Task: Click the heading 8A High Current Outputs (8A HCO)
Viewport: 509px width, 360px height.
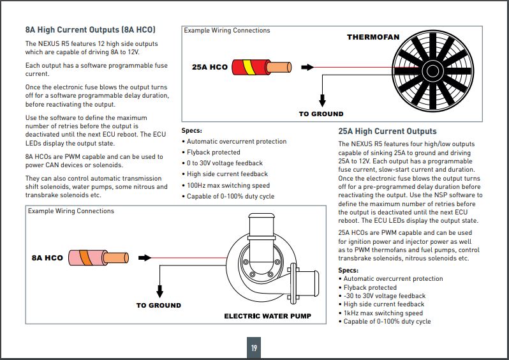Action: tap(91, 30)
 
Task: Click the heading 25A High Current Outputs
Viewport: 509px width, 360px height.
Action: tap(387, 131)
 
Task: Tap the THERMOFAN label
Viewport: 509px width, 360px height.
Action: tap(373, 38)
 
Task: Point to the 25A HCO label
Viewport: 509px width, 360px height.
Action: tap(209, 67)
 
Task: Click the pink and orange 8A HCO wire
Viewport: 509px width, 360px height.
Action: tap(100, 258)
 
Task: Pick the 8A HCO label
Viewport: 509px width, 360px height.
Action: tap(47, 259)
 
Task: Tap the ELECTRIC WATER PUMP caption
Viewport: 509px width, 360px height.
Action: tap(267, 316)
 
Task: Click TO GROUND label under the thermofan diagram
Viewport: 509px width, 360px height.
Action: tap(321, 114)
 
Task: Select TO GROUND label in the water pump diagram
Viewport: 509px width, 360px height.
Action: tap(158, 306)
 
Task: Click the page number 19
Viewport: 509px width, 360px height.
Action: tap(254, 348)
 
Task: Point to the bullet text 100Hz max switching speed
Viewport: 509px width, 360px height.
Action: tap(228, 185)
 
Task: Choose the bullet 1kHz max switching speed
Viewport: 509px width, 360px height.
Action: tap(383, 313)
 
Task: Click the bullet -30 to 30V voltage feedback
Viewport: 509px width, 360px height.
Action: tap(384, 296)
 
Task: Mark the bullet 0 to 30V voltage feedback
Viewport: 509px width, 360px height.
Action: tap(225, 163)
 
